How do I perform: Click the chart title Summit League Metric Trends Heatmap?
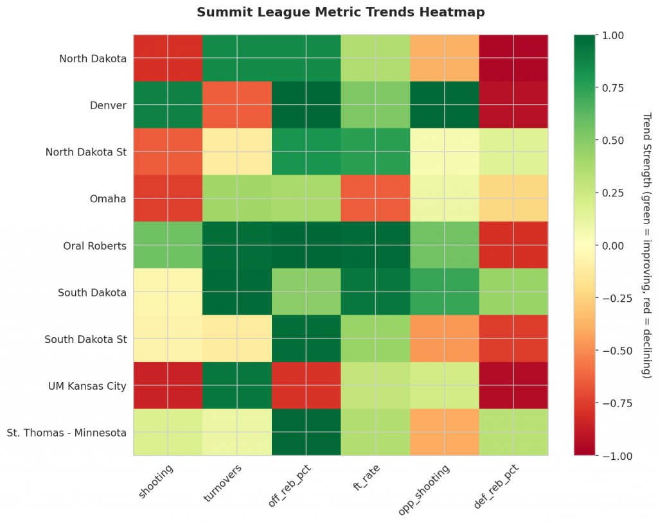(x=341, y=12)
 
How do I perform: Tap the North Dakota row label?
(x=93, y=59)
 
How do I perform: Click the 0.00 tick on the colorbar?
(x=610, y=245)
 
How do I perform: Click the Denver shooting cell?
(x=168, y=105)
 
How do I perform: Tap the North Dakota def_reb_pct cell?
(x=513, y=58)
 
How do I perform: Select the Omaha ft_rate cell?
(x=375, y=198)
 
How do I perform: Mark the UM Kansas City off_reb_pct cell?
(x=307, y=385)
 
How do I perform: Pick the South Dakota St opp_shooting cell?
(x=445, y=338)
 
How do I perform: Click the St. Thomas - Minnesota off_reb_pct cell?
(x=307, y=432)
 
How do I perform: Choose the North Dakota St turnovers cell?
(x=237, y=152)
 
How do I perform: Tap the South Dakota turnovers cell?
(x=237, y=292)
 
